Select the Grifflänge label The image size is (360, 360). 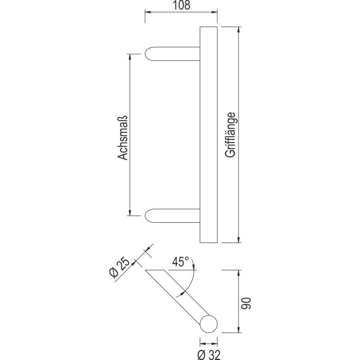coord(230,134)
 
